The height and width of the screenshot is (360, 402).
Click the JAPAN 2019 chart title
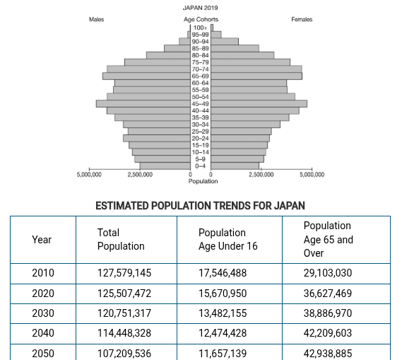pyautogui.click(x=201, y=7)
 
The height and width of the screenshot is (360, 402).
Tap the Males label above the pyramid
pyautogui.click(x=97, y=19)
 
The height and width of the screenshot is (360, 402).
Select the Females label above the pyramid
pyautogui.click(x=302, y=19)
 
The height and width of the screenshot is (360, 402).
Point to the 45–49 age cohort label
pyautogui.click(x=201, y=103)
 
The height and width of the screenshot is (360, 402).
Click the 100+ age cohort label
pyautogui.click(x=201, y=28)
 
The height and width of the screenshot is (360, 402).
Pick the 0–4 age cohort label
pyautogui.click(x=201, y=166)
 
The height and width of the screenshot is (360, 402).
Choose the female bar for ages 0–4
pyautogui.click(x=235, y=166)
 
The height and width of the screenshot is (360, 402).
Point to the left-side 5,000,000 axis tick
pyautogui.click(x=89, y=174)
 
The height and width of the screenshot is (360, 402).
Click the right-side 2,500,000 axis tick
pyautogui.click(x=261, y=174)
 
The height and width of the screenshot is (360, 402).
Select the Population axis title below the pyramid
pyautogui.click(x=203, y=181)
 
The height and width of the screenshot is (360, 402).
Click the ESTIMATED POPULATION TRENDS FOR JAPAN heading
pyautogui.click(x=201, y=206)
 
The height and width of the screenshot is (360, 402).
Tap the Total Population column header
pyautogui.click(x=121, y=239)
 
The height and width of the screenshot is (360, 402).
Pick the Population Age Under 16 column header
pyautogui.click(x=228, y=239)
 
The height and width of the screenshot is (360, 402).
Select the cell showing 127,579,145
pyautogui.click(x=124, y=272)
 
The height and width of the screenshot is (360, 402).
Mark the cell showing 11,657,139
pyautogui.click(x=228, y=354)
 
